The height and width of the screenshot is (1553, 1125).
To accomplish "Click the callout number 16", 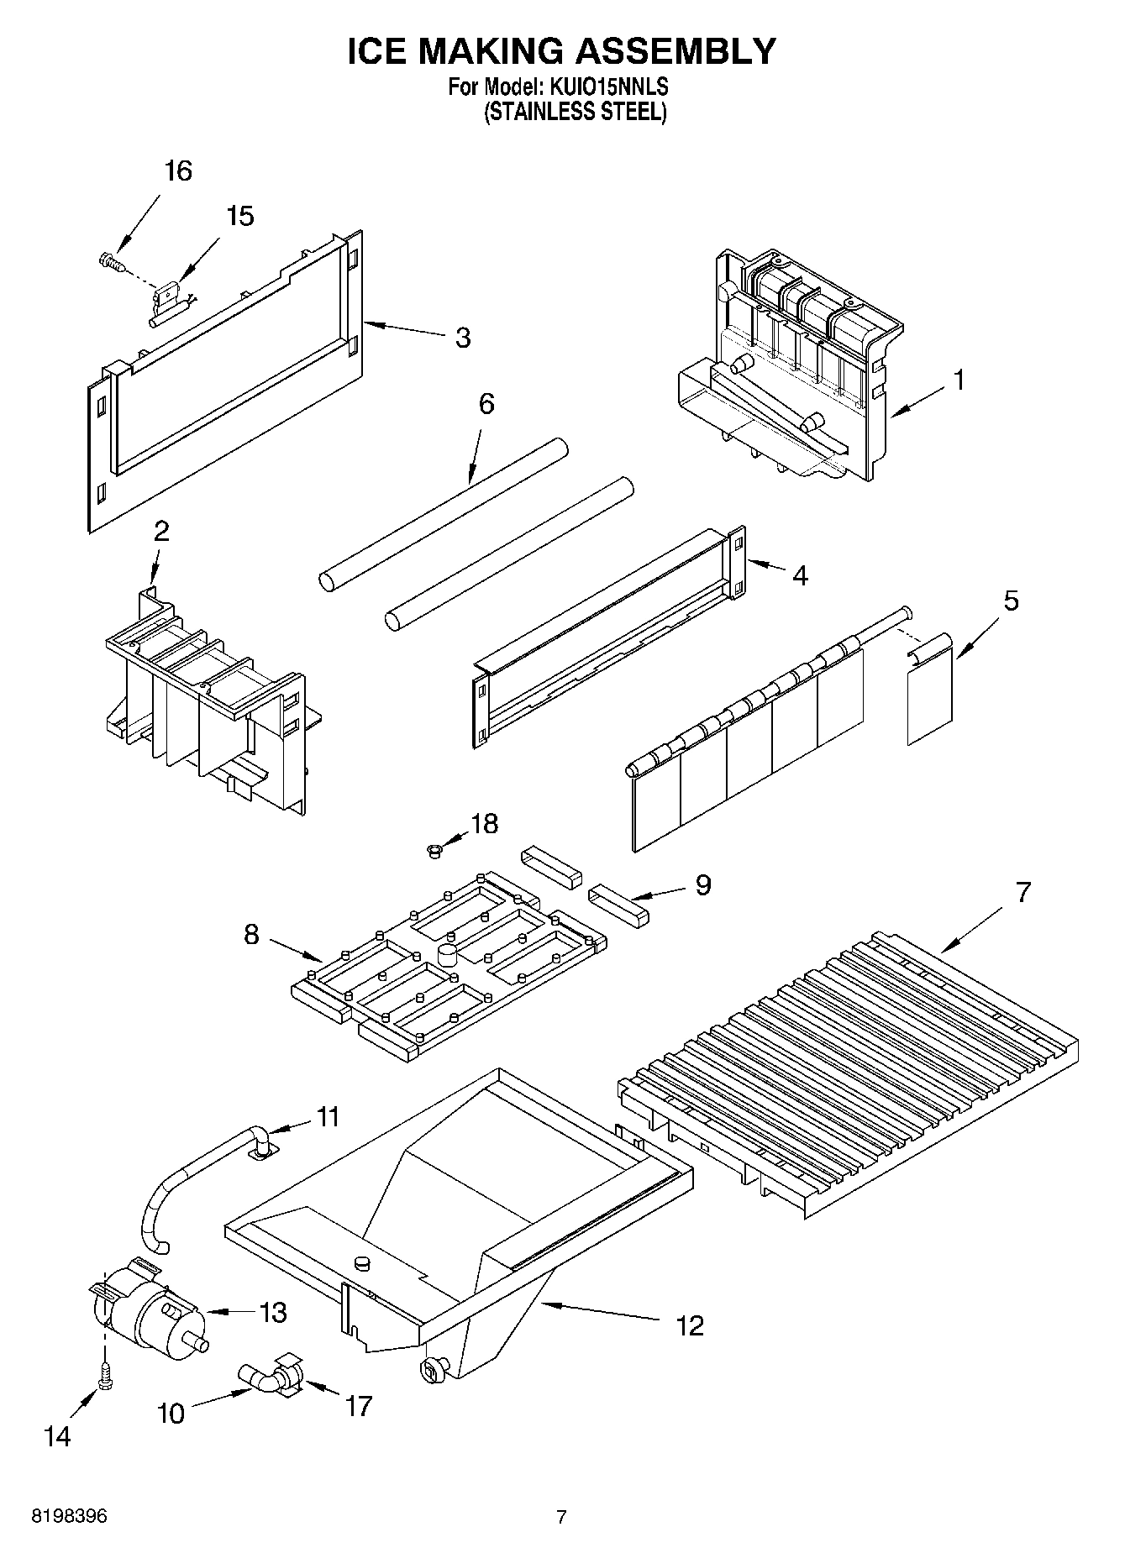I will coord(178,171).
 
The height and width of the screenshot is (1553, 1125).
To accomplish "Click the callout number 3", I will coord(462,338).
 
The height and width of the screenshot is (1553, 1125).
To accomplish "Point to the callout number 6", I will coord(486,404).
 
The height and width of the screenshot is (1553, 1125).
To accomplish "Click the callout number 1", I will coord(958,380).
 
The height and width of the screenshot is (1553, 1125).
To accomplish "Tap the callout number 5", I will coord(1011,601).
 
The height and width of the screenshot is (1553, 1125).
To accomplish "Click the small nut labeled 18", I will coord(434,853).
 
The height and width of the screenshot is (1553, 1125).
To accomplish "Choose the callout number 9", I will coord(703,884).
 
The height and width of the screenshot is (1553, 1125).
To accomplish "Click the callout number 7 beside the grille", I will coord(1022,892).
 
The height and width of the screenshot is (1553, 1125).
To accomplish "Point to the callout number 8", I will coord(251,935).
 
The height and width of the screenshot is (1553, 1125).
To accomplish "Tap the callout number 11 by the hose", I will coord(328,1117).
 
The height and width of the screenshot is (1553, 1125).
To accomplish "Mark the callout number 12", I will coord(689,1326).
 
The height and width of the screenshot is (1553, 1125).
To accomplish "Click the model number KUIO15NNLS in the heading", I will coord(608,86).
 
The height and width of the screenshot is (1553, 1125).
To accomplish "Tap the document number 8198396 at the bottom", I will coord(69,1517).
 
